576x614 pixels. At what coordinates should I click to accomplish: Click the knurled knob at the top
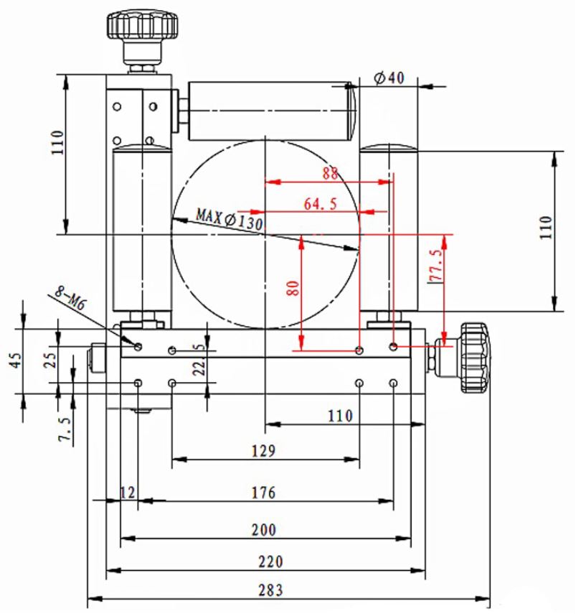tap(142, 24)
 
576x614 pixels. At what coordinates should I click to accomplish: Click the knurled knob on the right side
tap(476, 358)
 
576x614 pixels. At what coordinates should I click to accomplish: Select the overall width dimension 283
tap(270, 590)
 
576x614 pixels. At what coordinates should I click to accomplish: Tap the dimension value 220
tap(270, 562)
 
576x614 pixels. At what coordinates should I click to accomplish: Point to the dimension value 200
tap(263, 530)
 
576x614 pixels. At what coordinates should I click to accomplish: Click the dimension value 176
tap(263, 492)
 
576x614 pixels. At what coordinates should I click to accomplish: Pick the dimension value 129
tap(263, 451)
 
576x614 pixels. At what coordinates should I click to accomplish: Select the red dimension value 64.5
tap(320, 204)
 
